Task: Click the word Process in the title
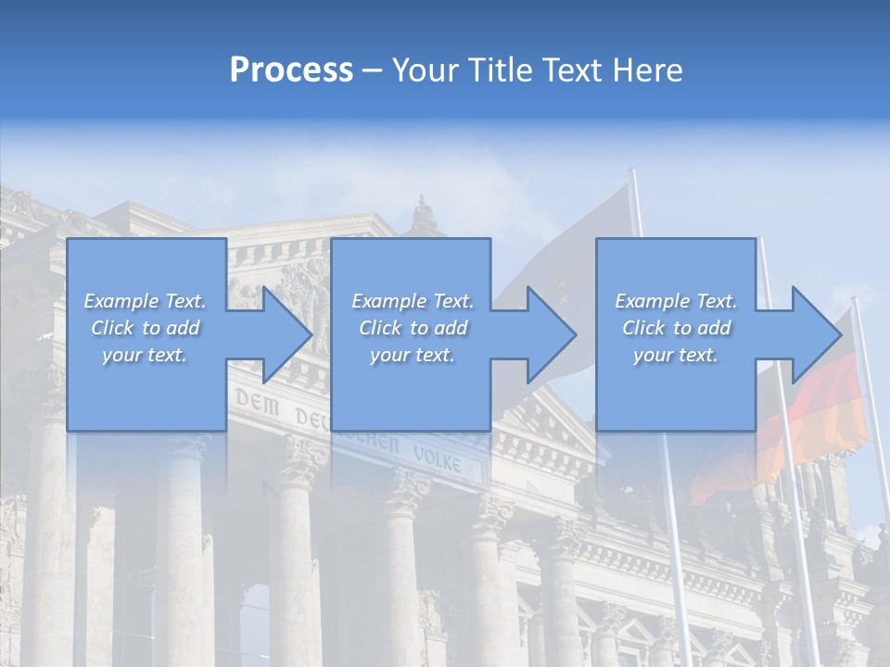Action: click(x=291, y=70)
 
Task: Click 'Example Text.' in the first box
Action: click(x=145, y=301)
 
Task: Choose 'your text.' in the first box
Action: click(x=145, y=355)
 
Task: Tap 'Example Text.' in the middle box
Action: click(x=413, y=301)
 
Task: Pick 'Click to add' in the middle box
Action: click(x=413, y=328)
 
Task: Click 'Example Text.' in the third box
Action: click(x=676, y=301)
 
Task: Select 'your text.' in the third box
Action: click(x=676, y=355)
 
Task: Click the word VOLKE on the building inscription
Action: click(x=438, y=457)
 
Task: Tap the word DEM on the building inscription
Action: click(x=254, y=400)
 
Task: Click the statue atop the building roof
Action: click(x=424, y=216)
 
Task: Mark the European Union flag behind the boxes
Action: click(x=566, y=250)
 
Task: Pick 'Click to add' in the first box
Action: click(x=145, y=328)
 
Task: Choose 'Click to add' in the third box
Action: click(x=676, y=328)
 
